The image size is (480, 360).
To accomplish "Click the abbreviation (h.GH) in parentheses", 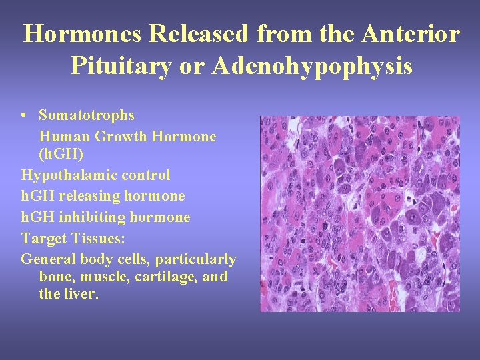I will tap(61, 154).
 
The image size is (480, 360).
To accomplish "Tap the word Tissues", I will tap(96, 238).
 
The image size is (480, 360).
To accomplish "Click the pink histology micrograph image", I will tap(359, 214).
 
